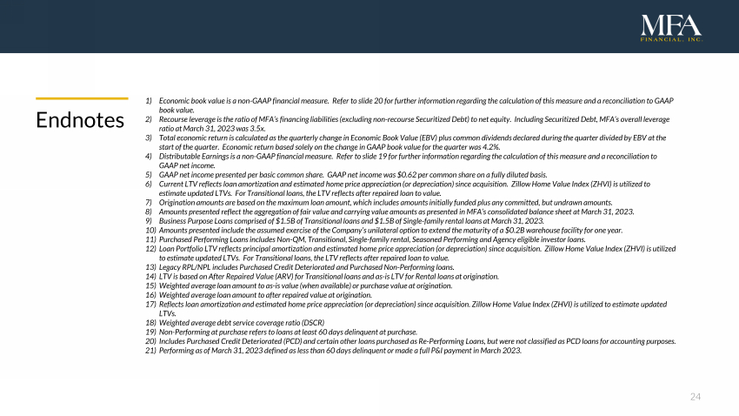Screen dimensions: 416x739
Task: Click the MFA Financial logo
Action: tap(671, 29)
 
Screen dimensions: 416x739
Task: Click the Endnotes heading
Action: tap(80, 120)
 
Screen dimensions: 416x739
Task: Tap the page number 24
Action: tap(695, 397)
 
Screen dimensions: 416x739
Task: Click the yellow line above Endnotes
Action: tap(81, 98)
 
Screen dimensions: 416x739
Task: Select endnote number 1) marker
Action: tap(150, 102)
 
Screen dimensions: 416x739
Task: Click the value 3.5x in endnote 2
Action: tap(256, 127)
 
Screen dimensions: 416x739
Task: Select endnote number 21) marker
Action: tap(150, 350)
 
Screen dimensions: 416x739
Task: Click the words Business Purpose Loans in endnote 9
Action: tap(197, 221)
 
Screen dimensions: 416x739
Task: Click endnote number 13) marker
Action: tap(150, 267)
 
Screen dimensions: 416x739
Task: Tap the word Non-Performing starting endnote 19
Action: tap(185, 332)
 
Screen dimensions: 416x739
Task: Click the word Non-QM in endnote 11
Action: tap(303, 239)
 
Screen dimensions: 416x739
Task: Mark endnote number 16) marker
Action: tap(150, 294)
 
